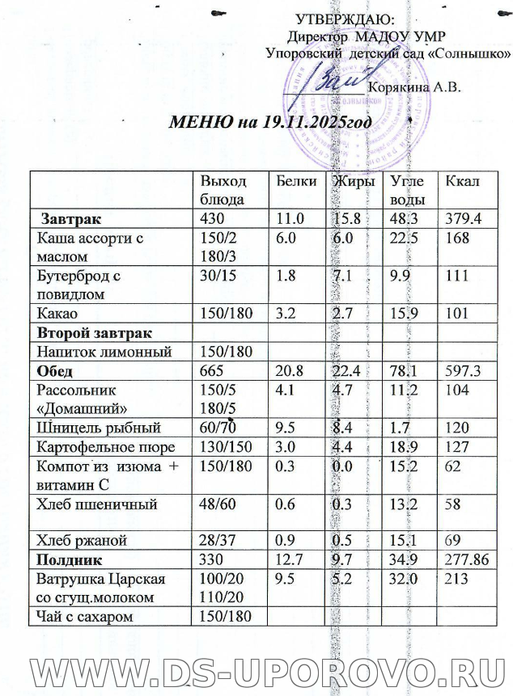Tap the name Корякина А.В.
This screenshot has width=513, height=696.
(414, 88)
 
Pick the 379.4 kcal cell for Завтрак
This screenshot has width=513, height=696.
(459, 218)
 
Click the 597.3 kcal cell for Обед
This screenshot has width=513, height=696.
(460, 371)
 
